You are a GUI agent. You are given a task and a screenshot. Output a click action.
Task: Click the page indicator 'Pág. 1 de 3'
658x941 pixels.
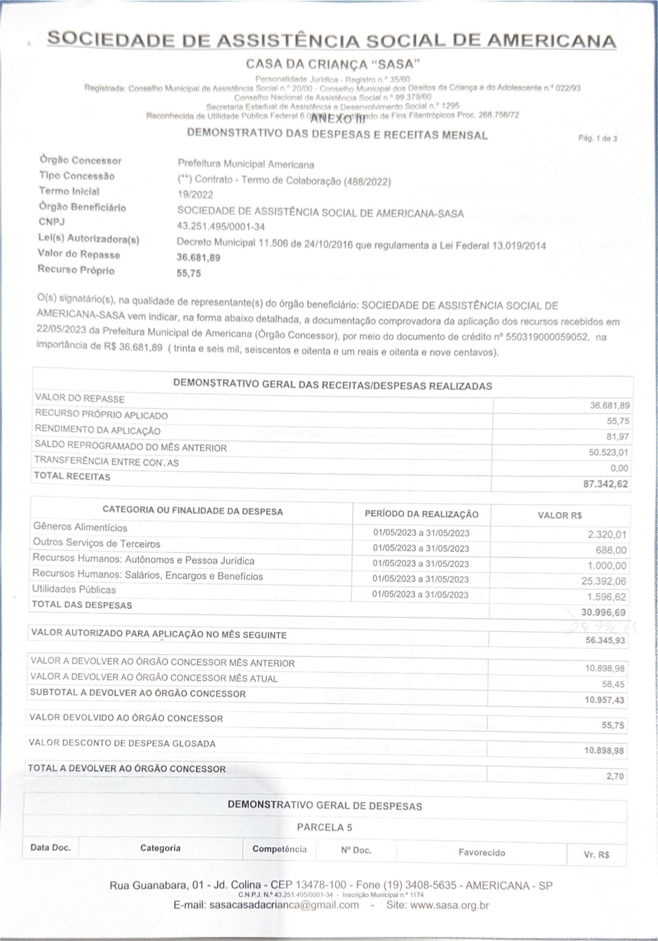tap(597, 138)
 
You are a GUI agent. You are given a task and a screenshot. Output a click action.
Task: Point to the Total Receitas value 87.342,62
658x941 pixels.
tap(605, 484)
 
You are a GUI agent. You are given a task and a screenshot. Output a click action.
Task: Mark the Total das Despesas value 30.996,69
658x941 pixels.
tap(603, 612)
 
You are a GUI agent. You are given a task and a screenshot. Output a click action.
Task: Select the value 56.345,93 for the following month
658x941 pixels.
tap(605, 640)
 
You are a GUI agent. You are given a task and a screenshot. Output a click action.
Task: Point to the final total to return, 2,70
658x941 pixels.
tap(615, 776)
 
